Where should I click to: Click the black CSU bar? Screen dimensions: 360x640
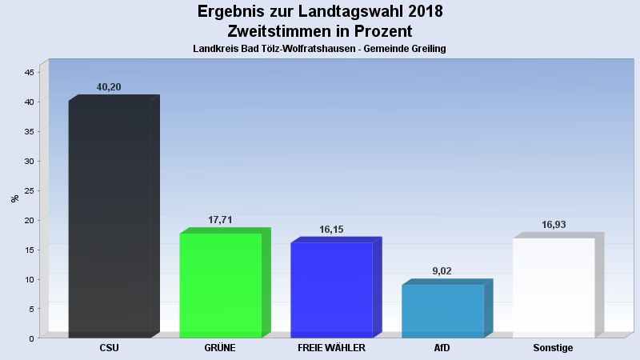[110, 218]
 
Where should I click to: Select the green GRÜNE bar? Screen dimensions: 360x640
[221, 285]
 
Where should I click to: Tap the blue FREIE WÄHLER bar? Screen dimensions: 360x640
[331, 290]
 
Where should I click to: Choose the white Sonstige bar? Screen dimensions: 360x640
[554, 287]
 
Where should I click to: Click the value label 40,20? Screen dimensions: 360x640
[109, 86]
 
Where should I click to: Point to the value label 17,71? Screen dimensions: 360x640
[220, 220]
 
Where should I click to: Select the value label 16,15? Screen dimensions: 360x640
[331, 230]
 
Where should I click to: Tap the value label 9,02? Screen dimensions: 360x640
[442, 271]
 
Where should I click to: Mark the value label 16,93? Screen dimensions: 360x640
[554, 225]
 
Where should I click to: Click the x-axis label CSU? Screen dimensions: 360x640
[110, 348]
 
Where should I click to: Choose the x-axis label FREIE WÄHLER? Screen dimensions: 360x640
[331, 348]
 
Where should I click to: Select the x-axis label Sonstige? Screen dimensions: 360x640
[554, 348]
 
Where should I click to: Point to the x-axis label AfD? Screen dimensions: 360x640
[442, 348]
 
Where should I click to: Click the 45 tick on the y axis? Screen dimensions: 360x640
[29, 72]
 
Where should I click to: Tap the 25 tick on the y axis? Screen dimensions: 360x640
[29, 190]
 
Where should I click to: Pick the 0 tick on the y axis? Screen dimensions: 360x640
[31, 338]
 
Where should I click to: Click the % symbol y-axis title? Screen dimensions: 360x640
[14, 198]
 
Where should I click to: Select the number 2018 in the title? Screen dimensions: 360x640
[417, 12]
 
